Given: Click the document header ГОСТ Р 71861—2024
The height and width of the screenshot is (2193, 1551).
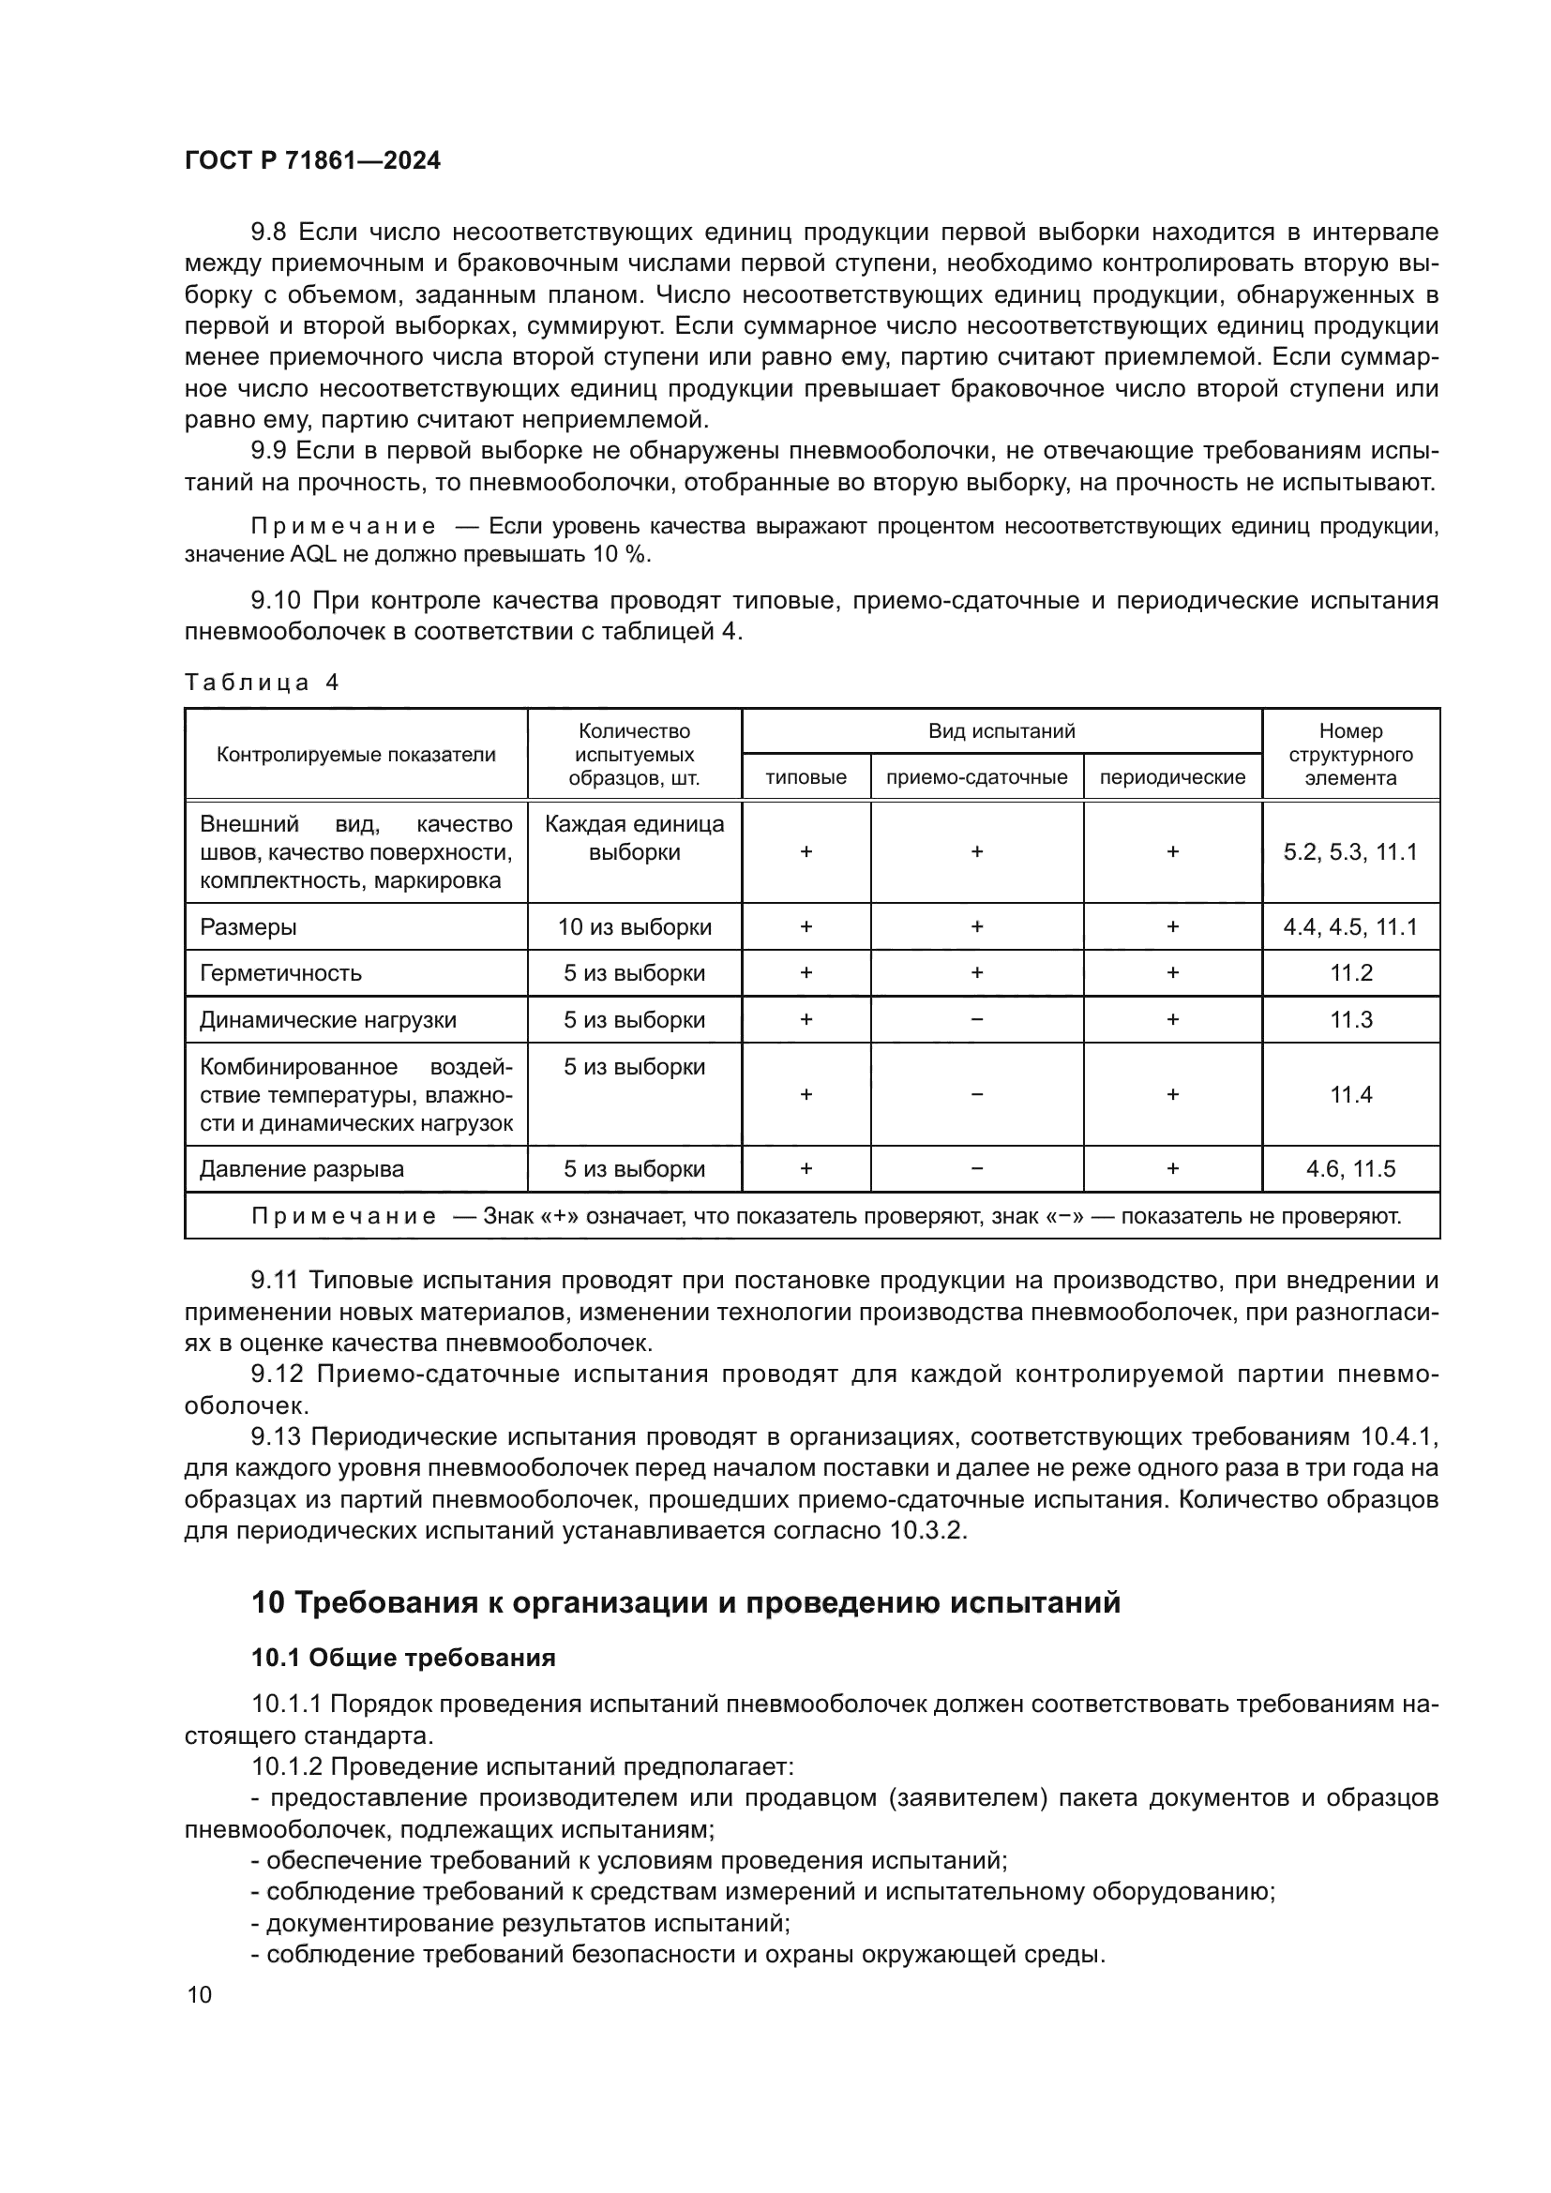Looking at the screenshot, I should point(312,160).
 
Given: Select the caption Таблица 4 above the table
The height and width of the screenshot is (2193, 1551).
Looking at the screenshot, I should point(261,682).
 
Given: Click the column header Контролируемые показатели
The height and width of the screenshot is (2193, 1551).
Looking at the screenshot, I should point(355,755).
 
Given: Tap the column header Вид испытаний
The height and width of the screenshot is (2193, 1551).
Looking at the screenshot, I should point(1001,730).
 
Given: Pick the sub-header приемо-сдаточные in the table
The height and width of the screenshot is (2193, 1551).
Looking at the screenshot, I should point(976,777).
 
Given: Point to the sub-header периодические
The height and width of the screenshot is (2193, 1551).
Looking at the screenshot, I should point(1172,777).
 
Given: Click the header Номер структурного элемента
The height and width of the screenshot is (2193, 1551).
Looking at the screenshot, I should point(1350,755).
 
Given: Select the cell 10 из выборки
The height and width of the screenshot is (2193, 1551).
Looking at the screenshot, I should point(634,926).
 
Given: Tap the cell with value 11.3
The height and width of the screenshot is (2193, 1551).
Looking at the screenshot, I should point(1350,1019).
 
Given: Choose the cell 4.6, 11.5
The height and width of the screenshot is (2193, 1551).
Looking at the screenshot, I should point(1350,1169).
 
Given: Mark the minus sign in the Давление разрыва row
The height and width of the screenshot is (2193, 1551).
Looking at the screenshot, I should point(976,1169).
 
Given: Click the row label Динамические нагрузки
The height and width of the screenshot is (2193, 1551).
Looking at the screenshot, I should point(327,1020).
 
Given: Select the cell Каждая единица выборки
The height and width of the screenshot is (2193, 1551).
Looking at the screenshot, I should point(634,837).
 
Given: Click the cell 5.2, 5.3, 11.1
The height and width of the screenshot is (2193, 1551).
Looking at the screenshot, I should point(1350,852).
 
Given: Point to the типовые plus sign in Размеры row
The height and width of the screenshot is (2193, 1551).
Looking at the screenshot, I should point(806,926).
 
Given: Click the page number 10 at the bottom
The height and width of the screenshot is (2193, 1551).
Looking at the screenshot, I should point(200,1994).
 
